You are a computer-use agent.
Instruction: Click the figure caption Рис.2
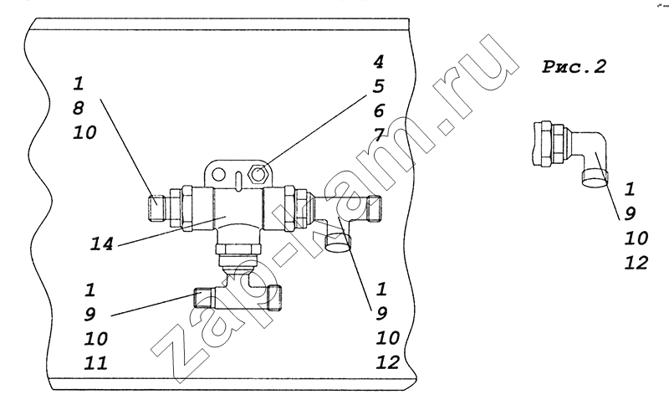point(574,67)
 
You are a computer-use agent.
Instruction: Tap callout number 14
point(102,243)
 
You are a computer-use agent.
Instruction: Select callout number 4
point(379,62)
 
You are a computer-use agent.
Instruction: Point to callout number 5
point(379,86)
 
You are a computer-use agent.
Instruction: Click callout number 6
point(379,111)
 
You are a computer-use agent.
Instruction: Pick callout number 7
point(379,136)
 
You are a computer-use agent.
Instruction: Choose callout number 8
point(78,108)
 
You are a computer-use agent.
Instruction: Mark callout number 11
point(95,363)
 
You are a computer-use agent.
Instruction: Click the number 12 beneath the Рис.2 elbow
point(636,263)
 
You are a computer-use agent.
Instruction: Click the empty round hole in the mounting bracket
point(218,174)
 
